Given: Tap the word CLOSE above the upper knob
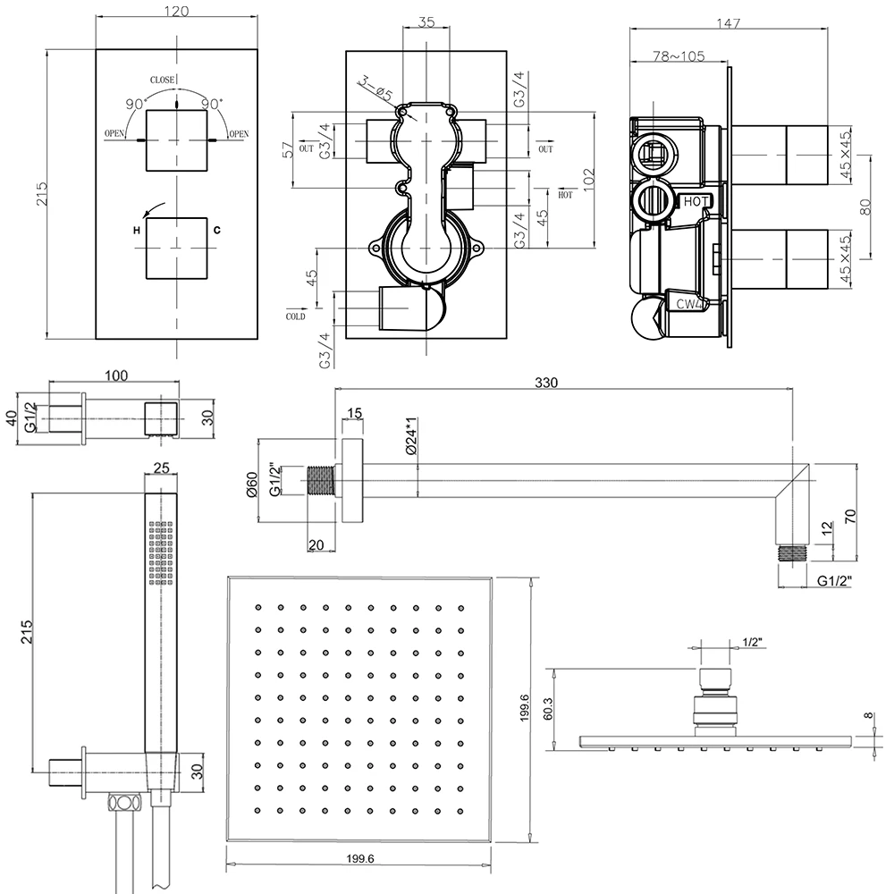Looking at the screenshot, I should pyautogui.click(x=162, y=80).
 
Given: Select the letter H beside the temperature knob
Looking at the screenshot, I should pyautogui.click(x=137, y=231).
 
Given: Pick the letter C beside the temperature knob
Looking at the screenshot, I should pyautogui.click(x=216, y=231).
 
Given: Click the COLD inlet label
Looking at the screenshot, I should pyautogui.click(x=295, y=316).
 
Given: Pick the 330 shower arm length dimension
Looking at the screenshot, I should pyautogui.click(x=546, y=382).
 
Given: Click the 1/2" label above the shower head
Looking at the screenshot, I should pyautogui.click(x=752, y=641).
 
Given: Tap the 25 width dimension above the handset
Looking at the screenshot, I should pyautogui.click(x=162, y=468).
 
